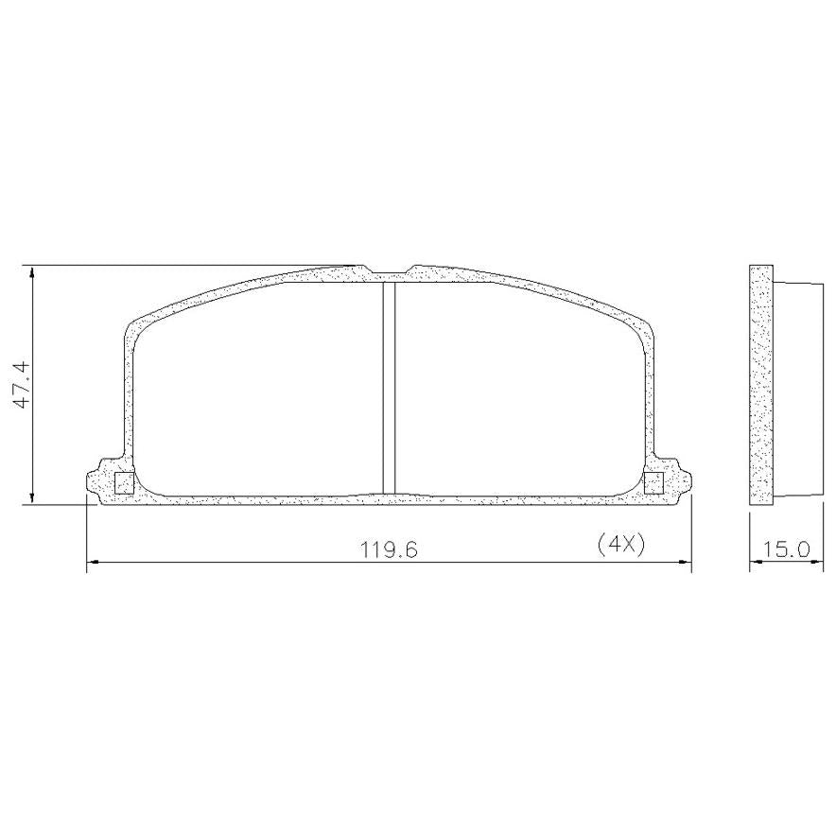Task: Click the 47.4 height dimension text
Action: (x=23, y=385)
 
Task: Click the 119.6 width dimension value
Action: (x=390, y=549)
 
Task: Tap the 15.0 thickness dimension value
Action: (x=786, y=549)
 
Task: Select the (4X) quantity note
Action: (x=621, y=544)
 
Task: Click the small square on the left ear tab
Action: (x=124, y=482)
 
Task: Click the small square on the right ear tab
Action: (x=653, y=482)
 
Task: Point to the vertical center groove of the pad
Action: (x=390, y=388)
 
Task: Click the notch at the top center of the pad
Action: (x=389, y=272)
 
